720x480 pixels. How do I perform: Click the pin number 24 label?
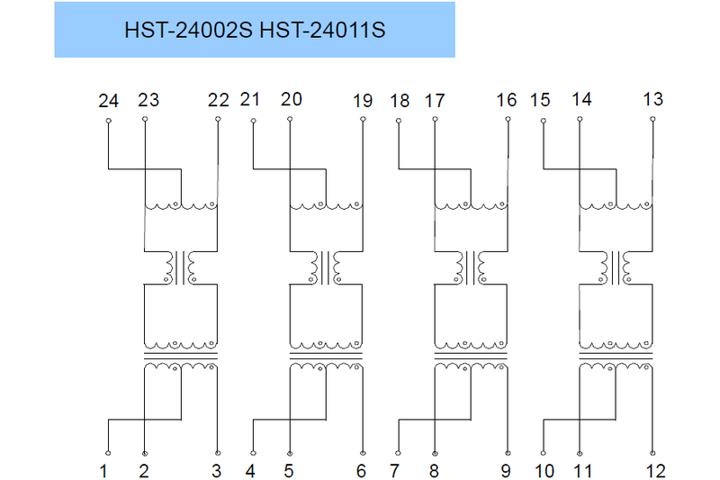click(x=108, y=101)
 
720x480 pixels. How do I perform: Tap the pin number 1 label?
click(x=104, y=470)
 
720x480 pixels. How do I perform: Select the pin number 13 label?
click(x=652, y=99)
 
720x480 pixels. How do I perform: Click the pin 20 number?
click(x=291, y=99)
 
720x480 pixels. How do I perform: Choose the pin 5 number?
click(x=289, y=470)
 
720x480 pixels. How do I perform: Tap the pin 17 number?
click(x=434, y=101)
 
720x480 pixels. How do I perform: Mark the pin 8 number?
click(x=434, y=470)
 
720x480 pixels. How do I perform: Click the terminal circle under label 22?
click(x=218, y=120)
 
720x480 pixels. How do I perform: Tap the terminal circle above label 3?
click(x=218, y=451)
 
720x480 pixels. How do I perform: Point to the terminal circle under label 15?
click(x=543, y=120)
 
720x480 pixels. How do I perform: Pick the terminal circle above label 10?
click(x=543, y=451)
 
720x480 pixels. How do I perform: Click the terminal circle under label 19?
click(x=363, y=120)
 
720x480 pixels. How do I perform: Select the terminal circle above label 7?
click(x=398, y=451)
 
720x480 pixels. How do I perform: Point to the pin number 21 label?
click(x=250, y=99)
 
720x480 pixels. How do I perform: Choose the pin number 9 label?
click(x=506, y=470)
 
